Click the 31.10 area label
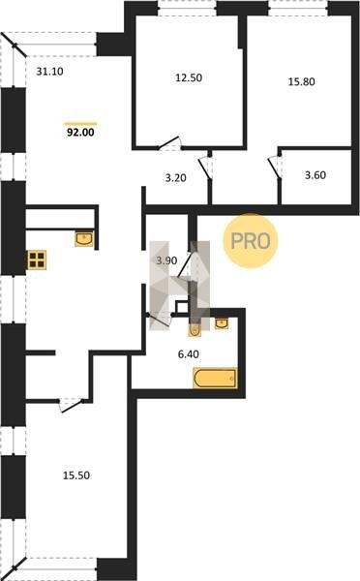click(x=49, y=71)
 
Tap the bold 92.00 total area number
click(x=80, y=133)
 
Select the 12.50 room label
click(x=189, y=77)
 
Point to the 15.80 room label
click(x=302, y=81)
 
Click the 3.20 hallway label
click(x=175, y=178)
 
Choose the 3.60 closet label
click(x=315, y=175)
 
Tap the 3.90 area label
click(x=166, y=260)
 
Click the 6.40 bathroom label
click(x=188, y=354)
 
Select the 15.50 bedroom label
click(x=76, y=475)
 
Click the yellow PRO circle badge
click(x=251, y=241)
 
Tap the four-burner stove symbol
click(x=37, y=260)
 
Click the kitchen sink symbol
click(x=84, y=238)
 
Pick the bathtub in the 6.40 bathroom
click(x=215, y=378)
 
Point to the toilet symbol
click(x=195, y=329)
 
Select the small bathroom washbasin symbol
click(x=222, y=323)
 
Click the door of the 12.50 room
click(x=169, y=143)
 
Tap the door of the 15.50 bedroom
click(x=71, y=405)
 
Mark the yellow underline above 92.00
click(x=80, y=123)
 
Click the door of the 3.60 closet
click(x=275, y=168)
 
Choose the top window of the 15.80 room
click(x=298, y=8)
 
